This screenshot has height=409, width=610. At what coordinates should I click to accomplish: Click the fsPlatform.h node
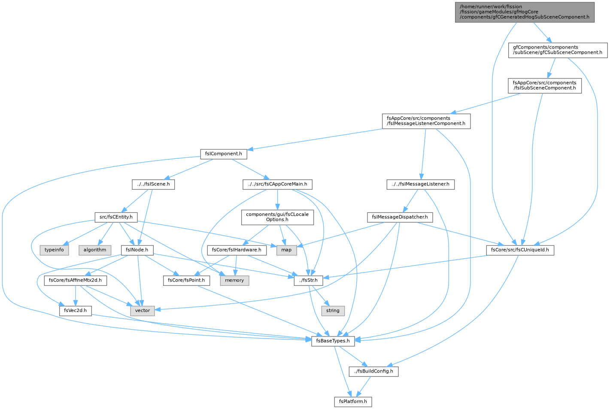[353, 402]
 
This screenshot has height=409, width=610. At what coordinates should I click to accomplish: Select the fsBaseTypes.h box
[333, 341]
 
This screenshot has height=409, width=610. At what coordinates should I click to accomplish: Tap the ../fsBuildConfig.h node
[373, 371]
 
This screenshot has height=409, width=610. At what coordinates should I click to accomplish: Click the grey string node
[333, 311]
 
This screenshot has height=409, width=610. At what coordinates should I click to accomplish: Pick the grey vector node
[143, 311]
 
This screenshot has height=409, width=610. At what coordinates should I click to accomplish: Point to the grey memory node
[234, 281]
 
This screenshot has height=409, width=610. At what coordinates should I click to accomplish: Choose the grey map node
[286, 250]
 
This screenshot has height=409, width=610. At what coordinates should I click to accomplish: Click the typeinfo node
[54, 250]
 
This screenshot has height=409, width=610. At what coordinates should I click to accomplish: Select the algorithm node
[95, 250]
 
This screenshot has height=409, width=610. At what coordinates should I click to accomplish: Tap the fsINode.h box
[137, 250]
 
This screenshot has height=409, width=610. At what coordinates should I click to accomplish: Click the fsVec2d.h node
[76, 311]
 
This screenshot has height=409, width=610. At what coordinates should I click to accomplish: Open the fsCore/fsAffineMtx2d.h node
[76, 281]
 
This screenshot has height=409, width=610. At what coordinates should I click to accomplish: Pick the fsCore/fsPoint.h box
[187, 281]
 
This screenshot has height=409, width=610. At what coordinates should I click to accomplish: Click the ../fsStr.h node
[309, 281]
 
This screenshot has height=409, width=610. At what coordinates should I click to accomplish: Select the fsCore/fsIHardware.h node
[237, 250]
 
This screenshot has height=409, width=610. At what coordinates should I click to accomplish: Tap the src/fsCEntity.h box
[116, 217]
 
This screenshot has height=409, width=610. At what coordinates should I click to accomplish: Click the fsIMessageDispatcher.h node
[400, 217]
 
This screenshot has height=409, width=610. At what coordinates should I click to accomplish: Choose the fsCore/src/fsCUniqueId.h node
[520, 250]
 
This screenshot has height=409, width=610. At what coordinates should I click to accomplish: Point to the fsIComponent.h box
[224, 154]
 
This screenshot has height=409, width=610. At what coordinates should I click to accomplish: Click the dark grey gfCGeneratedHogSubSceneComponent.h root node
[525, 12]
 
